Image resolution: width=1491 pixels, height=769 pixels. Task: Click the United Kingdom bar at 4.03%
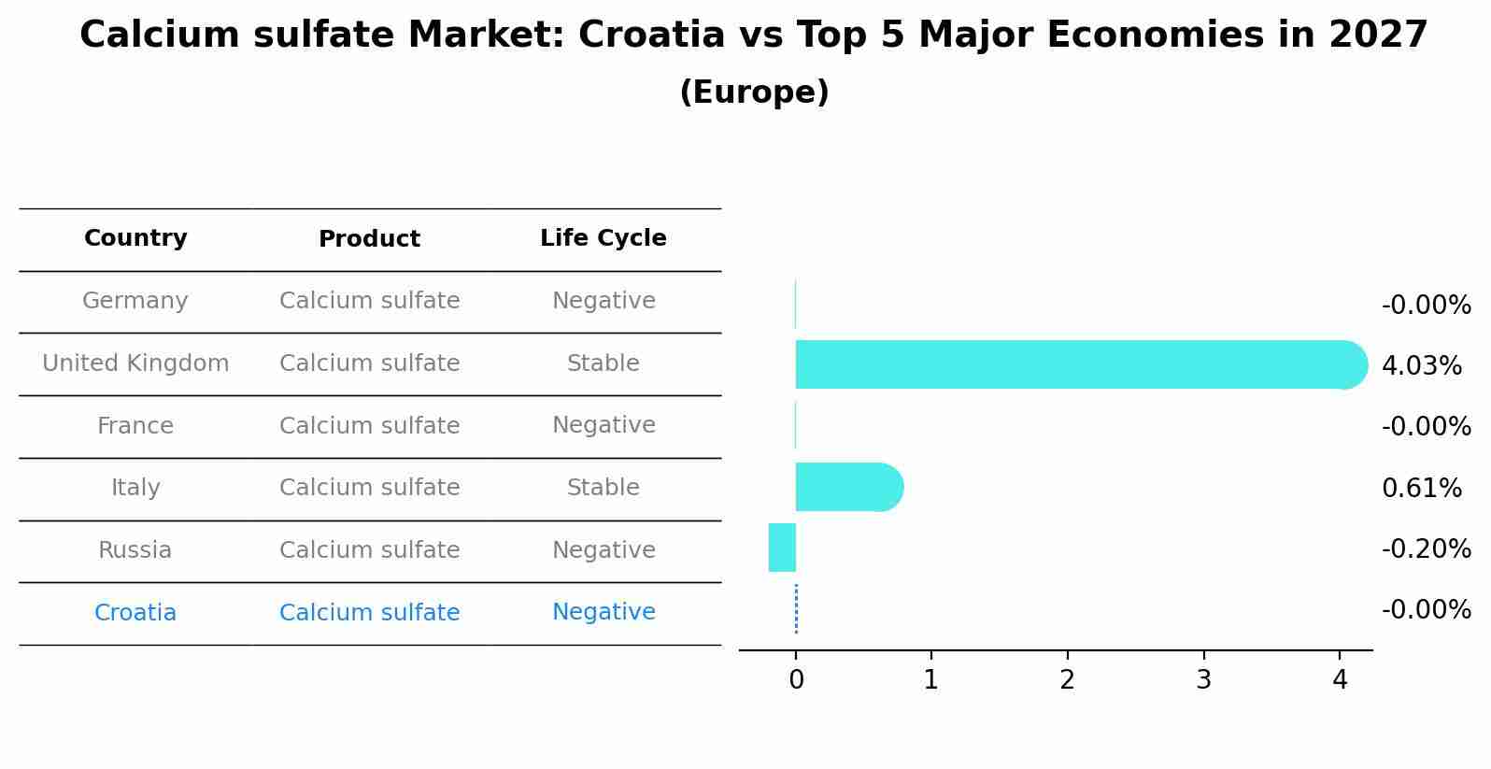point(1074,364)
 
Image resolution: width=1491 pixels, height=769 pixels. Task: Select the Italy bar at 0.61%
point(845,487)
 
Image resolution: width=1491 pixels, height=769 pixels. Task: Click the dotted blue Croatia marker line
point(796,609)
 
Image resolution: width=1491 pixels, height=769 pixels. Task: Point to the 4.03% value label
point(1421,366)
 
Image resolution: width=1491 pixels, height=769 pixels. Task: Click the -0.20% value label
point(1426,548)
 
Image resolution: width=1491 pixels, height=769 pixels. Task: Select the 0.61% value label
point(1421,488)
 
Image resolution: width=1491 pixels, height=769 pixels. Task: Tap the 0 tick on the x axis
point(796,680)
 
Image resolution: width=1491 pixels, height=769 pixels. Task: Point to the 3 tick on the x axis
point(1203,680)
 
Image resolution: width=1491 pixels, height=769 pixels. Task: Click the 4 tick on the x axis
point(1340,680)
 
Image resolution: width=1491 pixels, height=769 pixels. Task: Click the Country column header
point(135,238)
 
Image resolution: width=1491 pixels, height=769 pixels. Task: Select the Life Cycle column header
point(603,238)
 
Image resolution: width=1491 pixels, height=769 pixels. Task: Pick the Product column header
point(369,239)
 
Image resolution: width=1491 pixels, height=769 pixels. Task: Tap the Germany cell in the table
point(135,301)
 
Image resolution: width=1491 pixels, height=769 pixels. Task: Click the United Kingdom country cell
point(135,363)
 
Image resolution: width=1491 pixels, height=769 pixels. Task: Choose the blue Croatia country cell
point(135,613)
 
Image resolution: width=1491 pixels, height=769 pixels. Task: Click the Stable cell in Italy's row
point(603,488)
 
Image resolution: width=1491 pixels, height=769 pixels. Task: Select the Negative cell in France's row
point(603,425)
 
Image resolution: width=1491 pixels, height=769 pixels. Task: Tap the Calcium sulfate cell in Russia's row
point(369,550)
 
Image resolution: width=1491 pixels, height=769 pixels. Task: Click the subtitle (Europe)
point(754,93)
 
